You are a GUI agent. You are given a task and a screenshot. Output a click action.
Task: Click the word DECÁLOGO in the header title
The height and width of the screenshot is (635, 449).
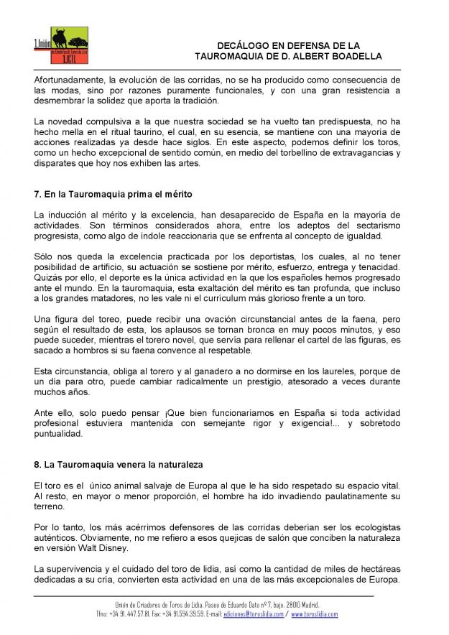(x=248, y=45)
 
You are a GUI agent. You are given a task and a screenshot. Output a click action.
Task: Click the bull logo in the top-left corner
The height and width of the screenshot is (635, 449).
(x=61, y=45)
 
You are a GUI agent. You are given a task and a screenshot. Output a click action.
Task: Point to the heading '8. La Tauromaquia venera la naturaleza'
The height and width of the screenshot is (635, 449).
(x=119, y=465)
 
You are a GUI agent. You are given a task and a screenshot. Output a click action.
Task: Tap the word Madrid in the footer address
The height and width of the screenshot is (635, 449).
(x=310, y=605)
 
